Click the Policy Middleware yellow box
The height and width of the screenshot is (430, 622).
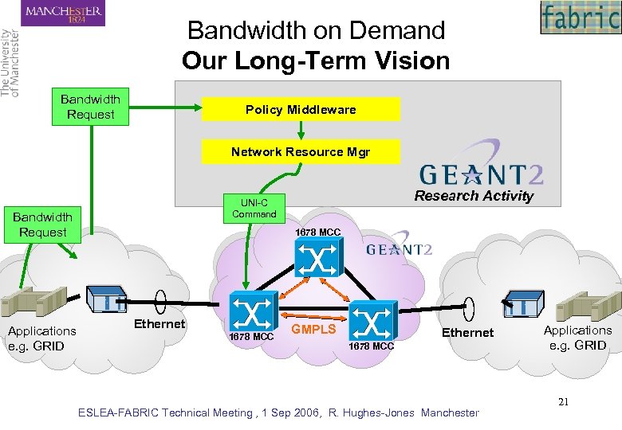click(301, 110)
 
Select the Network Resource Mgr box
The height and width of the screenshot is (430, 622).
click(301, 151)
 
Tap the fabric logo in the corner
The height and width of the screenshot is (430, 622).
click(580, 18)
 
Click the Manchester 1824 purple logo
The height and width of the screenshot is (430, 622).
click(64, 14)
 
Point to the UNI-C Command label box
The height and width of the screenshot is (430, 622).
click(254, 208)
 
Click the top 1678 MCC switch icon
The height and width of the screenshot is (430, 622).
click(317, 259)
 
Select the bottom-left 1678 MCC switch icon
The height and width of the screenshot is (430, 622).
click(253, 311)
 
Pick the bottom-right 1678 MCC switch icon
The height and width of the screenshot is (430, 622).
click(372, 319)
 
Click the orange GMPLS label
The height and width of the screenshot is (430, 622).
click(313, 328)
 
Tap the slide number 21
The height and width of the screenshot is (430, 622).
click(563, 401)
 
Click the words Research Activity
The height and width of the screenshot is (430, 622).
click(474, 196)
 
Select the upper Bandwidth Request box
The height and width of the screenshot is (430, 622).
click(91, 107)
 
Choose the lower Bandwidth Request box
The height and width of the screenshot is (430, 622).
click(43, 225)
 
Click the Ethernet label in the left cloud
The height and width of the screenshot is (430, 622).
click(159, 323)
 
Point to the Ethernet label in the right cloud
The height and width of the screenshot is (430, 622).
click(467, 332)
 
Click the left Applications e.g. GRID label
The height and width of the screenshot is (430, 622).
click(42, 338)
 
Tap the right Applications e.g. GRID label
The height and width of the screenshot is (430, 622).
click(578, 338)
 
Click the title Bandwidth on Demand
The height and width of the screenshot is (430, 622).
click(316, 31)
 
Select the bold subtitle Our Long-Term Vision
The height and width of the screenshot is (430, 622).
click(316, 61)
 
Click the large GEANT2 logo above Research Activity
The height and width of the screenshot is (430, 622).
click(481, 170)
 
